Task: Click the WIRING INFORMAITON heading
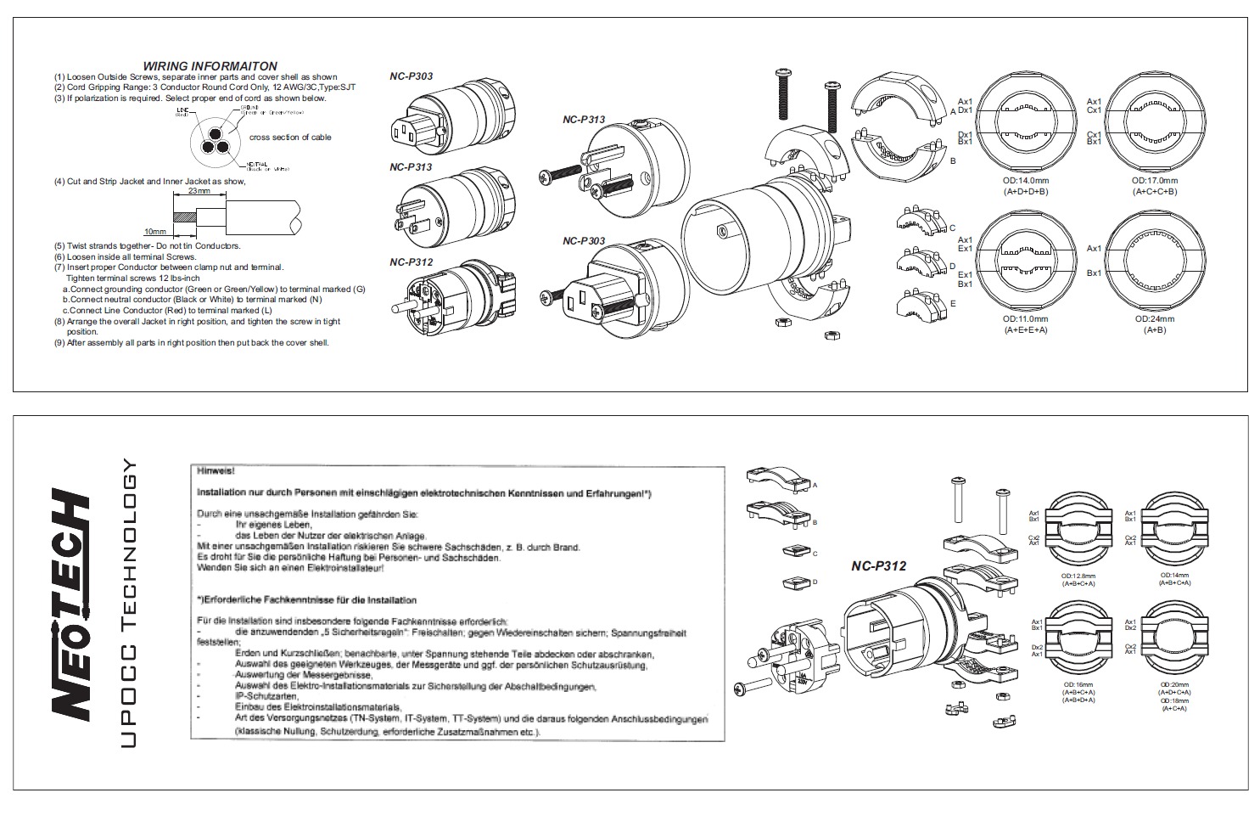click(x=210, y=65)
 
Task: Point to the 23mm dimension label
click(x=200, y=191)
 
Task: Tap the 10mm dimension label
click(x=154, y=231)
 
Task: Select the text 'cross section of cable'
click(x=290, y=138)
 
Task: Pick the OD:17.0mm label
click(x=1154, y=181)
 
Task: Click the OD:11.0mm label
click(x=1025, y=319)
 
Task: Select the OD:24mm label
click(x=1154, y=319)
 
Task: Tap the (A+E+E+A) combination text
click(x=1025, y=329)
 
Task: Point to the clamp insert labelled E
click(x=920, y=304)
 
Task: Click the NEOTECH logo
click(x=71, y=605)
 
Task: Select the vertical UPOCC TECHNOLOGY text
click(x=128, y=604)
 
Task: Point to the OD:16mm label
click(x=1078, y=684)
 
